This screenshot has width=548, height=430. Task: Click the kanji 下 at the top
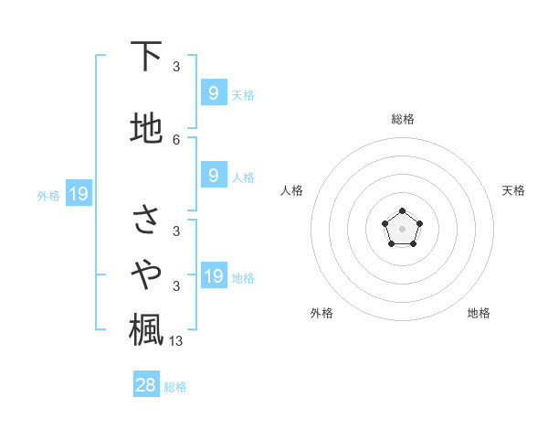[x=146, y=57]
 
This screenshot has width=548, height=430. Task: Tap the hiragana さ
[x=146, y=219]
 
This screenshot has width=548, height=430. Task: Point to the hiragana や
[x=146, y=273]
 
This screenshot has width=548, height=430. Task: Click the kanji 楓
[x=146, y=328]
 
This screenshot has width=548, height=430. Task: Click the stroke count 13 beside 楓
[x=177, y=341]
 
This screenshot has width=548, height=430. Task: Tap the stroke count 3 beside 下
[x=176, y=67]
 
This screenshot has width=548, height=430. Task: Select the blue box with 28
[x=146, y=386]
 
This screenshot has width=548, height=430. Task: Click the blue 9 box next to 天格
[x=213, y=92]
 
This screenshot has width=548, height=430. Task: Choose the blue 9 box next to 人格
[x=213, y=176]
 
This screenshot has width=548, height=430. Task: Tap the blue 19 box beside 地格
[x=213, y=276]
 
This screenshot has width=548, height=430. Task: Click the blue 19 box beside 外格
[x=79, y=194]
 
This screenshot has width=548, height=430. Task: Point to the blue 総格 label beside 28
[x=175, y=387]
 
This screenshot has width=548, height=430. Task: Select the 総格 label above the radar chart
[x=402, y=119]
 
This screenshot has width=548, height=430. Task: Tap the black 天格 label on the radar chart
[x=513, y=190]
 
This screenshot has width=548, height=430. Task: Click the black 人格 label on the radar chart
[x=291, y=190]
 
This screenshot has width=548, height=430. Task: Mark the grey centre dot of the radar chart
[x=402, y=229]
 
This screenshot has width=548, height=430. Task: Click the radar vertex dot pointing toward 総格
[x=402, y=212]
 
